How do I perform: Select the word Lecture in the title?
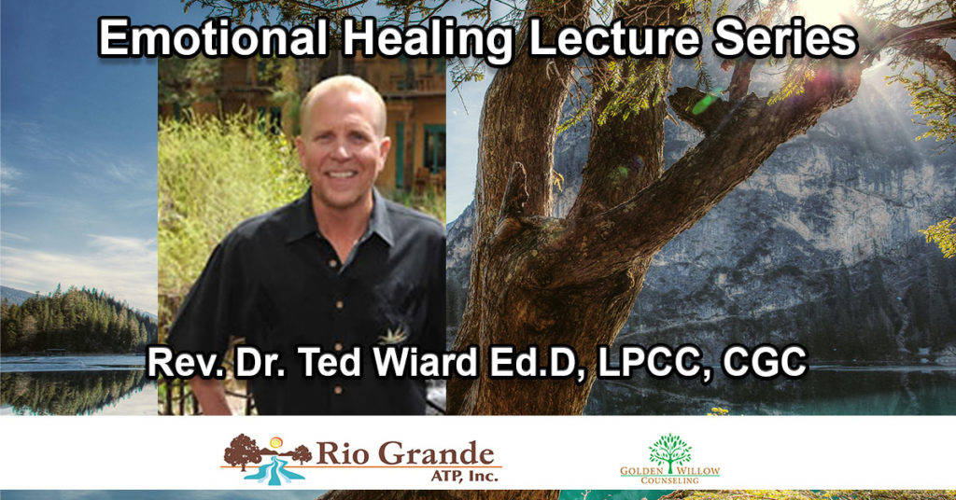pyautogui.click(x=613, y=39)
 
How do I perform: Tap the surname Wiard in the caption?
pyautogui.click(x=427, y=362)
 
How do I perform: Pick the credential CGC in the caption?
pyautogui.click(x=765, y=362)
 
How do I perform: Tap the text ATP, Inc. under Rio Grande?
pyautogui.click(x=464, y=475)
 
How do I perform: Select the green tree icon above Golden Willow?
pyautogui.click(x=670, y=451)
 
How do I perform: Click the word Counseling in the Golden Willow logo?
pyautogui.click(x=669, y=480)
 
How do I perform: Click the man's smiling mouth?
pyautogui.click(x=342, y=174)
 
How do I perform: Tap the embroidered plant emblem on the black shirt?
pyautogui.click(x=392, y=334)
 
